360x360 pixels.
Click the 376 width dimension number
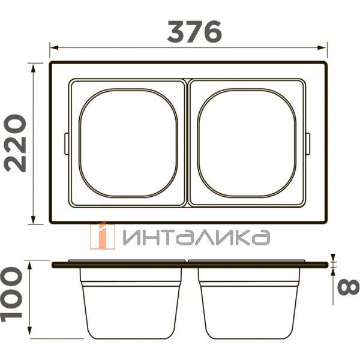click(194, 32)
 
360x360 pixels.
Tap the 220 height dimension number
click(15, 143)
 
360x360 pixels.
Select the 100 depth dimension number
click(11, 295)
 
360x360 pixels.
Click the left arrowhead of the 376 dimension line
click(54, 47)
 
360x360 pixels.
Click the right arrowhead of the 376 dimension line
click(322, 47)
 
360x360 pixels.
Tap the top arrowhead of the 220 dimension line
click(34, 68)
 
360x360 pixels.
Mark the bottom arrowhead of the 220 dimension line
click(34, 220)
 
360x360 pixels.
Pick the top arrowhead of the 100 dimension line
click(29, 266)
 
